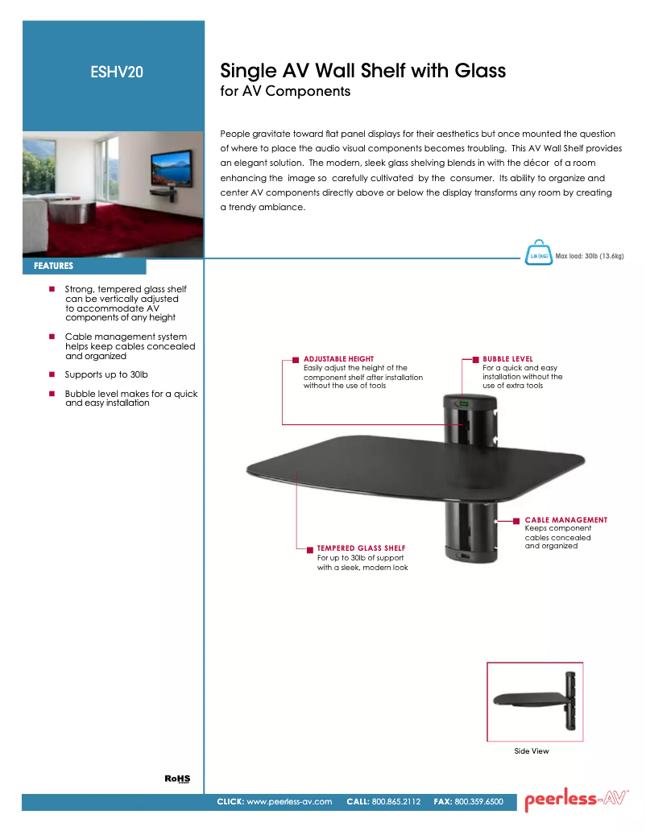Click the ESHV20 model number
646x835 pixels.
117,72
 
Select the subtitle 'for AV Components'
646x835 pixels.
285,91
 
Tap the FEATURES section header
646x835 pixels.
54,266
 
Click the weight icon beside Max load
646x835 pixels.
537,254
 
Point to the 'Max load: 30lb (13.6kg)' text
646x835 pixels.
590,256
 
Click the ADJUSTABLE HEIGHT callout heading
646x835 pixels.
338,359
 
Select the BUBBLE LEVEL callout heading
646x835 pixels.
507,359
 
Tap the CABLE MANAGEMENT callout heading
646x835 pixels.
565,520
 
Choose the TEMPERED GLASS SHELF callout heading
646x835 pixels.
361,548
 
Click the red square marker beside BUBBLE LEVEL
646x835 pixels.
476,359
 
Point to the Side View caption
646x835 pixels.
532,751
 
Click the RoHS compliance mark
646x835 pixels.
177,779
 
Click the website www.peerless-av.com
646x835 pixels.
289,802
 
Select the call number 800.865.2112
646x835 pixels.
396,802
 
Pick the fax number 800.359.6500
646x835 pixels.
479,802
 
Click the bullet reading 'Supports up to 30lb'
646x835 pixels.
106,375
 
